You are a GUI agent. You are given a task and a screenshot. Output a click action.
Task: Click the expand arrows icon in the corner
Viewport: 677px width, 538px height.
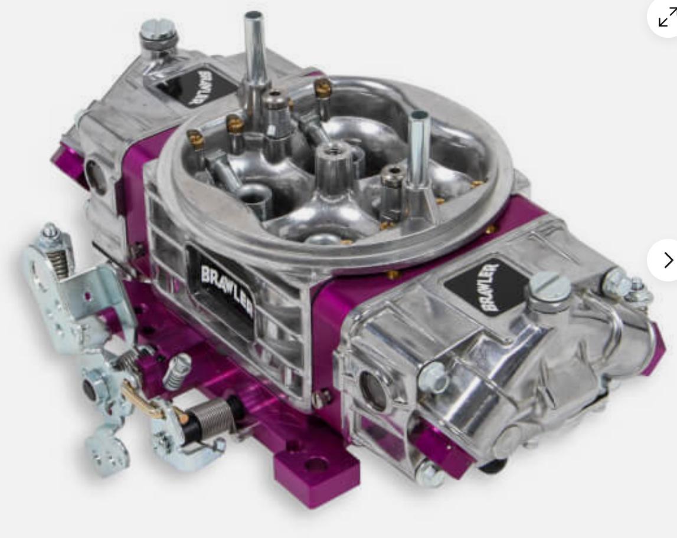(667, 18)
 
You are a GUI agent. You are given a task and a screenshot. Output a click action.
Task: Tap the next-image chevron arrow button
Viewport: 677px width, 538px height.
(668, 260)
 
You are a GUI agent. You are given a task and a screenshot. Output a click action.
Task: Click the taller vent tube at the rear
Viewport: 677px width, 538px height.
(254, 54)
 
